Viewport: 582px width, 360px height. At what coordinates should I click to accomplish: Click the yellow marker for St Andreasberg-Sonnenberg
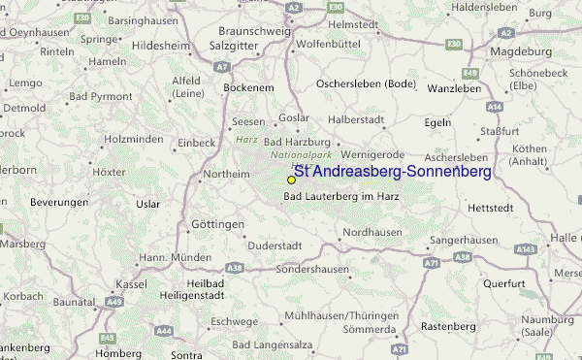(x=291, y=180)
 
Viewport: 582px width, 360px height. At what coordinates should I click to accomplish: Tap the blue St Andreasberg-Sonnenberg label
(x=392, y=172)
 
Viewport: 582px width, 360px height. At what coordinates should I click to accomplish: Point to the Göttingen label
(x=217, y=224)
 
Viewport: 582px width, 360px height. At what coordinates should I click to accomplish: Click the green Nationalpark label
(x=301, y=155)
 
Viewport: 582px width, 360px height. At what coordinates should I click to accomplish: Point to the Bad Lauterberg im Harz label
(x=341, y=197)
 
